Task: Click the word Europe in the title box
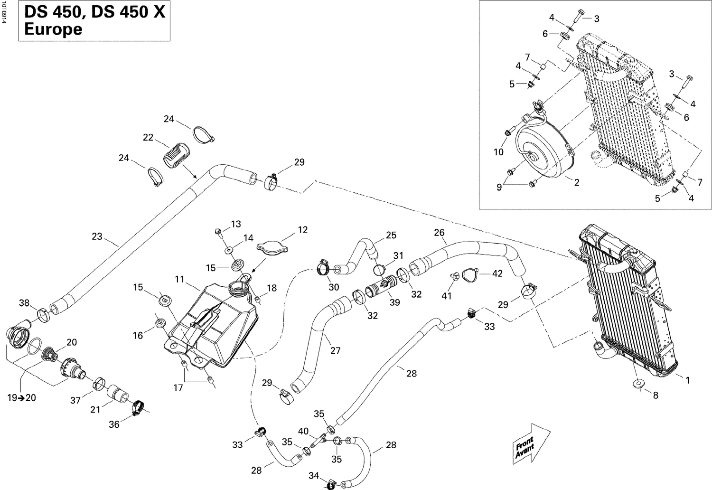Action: coord(53,29)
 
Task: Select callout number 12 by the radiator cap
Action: coord(302,230)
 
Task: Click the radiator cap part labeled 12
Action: coord(272,247)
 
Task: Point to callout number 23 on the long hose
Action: coord(97,236)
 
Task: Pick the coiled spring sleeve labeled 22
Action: coord(176,154)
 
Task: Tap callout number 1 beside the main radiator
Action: coord(687,380)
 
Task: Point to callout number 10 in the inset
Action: coord(498,152)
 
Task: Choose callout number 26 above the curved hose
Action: coord(439,233)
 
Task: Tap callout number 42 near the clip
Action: coord(497,273)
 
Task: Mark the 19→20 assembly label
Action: coord(21,398)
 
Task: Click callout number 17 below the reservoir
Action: coord(178,388)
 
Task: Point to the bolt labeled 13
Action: coord(219,231)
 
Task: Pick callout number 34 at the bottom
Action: coord(314,475)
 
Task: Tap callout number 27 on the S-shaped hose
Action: coord(336,351)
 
